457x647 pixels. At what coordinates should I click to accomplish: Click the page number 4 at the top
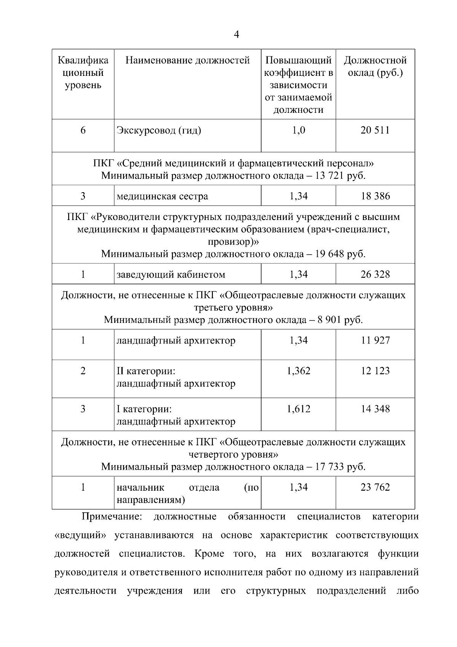236,35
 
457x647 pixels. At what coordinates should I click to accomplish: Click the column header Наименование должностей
187,60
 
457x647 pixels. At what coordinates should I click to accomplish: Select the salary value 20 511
375,130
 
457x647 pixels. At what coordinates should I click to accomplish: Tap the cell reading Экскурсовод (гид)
159,131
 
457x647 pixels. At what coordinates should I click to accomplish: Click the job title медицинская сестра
162,196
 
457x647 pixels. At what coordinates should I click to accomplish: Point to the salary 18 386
375,196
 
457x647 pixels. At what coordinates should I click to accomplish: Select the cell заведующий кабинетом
171,275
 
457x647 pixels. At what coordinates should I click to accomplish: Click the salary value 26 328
375,274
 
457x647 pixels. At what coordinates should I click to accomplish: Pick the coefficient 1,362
299,371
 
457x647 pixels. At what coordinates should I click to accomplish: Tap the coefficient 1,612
299,409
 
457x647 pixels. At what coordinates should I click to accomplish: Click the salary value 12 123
375,371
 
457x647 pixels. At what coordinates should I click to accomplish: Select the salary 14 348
375,409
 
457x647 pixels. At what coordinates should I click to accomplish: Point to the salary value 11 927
375,340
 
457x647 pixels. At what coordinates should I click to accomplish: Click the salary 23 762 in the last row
375,487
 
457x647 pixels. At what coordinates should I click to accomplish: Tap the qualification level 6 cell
83,130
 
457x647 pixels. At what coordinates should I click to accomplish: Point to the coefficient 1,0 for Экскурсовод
299,130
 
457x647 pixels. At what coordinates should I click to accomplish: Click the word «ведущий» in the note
80,535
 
